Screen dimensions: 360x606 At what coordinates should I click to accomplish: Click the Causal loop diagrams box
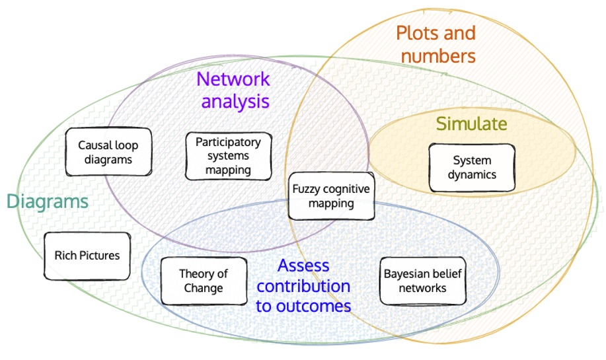click(x=108, y=152)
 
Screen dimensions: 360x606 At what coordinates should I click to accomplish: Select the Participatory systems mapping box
click(x=228, y=156)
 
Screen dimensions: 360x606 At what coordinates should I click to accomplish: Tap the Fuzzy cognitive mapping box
click(x=331, y=196)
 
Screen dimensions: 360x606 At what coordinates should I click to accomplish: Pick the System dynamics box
click(x=472, y=168)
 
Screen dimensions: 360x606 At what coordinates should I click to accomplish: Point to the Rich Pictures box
click(x=87, y=255)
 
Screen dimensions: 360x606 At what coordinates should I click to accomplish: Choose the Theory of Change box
click(x=204, y=281)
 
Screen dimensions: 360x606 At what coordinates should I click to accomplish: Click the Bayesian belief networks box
click(x=423, y=281)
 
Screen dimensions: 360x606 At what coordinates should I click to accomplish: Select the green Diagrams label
click(x=48, y=201)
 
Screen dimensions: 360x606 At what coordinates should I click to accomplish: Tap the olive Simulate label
click(x=471, y=124)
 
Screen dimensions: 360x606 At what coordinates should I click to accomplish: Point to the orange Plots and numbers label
click(x=437, y=44)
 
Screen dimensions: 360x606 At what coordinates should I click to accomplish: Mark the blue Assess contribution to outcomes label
click(x=304, y=286)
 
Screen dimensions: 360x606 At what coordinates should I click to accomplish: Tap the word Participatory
click(x=228, y=142)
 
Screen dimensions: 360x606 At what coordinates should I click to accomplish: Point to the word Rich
click(x=65, y=255)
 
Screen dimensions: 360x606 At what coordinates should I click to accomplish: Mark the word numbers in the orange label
click(x=438, y=56)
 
